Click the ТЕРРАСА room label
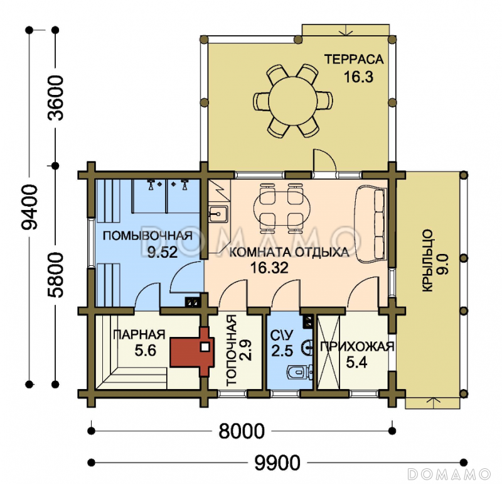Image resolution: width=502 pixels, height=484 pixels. click(x=354, y=60)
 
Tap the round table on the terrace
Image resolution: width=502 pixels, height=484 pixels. click(x=292, y=101)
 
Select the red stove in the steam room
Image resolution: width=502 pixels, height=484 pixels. click(x=191, y=351)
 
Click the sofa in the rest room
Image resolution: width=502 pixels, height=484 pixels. click(x=371, y=224)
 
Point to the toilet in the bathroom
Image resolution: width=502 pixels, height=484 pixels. click(x=300, y=372)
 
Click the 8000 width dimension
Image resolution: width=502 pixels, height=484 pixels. click(x=242, y=431)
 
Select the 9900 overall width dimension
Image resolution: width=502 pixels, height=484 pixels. click(x=277, y=463)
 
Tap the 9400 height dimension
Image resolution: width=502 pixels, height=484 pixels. click(x=29, y=207)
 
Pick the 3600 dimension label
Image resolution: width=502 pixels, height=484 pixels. click(x=55, y=98)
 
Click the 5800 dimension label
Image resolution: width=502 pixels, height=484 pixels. click(x=55, y=275)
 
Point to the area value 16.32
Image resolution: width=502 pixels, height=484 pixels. click(x=269, y=268)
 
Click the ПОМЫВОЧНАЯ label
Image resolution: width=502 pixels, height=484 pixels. click(x=147, y=236)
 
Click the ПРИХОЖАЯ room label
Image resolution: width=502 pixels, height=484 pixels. click(x=357, y=347)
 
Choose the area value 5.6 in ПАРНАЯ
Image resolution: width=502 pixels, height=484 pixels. click(x=145, y=350)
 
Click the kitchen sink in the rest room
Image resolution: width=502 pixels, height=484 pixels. click(x=218, y=214)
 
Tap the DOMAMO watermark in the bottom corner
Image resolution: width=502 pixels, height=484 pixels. click(x=449, y=474)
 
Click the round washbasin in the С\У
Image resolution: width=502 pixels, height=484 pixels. click(x=307, y=347)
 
